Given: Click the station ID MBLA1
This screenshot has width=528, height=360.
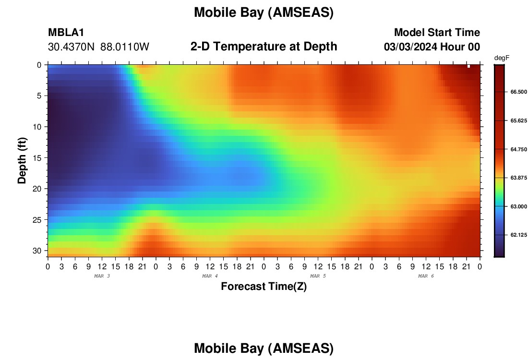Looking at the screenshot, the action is coord(66,32).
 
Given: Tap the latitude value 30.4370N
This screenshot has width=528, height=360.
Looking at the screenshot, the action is coord(71,47).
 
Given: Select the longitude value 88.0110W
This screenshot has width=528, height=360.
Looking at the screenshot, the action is coord(125,47).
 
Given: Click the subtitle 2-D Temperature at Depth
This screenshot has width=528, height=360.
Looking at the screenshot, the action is coord(264,47).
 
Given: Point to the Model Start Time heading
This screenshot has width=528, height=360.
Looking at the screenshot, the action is coord(437,32).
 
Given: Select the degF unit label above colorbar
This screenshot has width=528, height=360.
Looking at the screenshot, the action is coord(502,58).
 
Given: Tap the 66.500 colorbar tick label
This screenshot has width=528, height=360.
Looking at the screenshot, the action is coord(518,92).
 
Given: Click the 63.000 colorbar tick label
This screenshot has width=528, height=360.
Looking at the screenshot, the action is coord(518,206).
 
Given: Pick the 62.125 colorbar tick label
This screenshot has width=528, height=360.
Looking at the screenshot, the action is coord(518,235).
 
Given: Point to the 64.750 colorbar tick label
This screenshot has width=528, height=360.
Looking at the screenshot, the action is coord(518,149).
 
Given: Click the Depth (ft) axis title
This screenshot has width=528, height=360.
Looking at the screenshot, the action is coord(22,160).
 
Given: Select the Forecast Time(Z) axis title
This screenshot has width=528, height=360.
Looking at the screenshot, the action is coord(264,286).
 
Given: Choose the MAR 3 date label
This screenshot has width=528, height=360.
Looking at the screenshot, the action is coord(102,276).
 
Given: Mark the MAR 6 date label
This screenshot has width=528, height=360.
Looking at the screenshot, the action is coord(426,276).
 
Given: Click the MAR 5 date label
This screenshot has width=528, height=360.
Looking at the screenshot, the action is coord(318,276).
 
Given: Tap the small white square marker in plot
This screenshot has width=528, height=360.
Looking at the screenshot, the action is coord(468,66).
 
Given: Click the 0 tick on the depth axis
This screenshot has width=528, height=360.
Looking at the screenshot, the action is coord(39,65).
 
